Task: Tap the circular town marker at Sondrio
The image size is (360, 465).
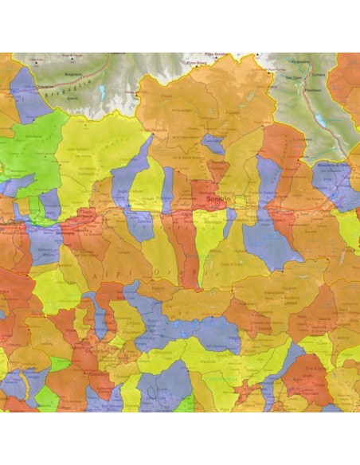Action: pos(217,204)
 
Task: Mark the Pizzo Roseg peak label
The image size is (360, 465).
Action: pos(195,61)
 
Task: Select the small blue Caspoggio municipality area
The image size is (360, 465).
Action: pos(213,143)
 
